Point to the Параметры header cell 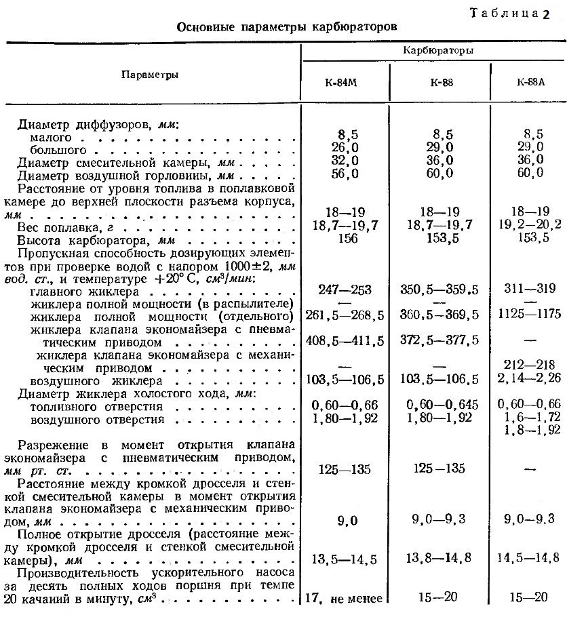point(150,75)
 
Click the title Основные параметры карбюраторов point(287,27)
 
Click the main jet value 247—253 point(345,290)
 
